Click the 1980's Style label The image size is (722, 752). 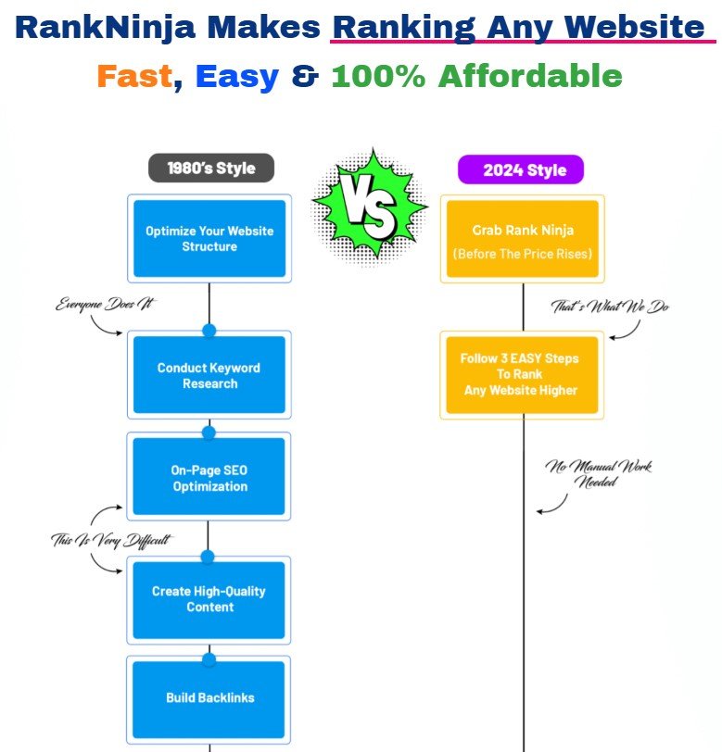210,169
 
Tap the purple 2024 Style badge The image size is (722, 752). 520,170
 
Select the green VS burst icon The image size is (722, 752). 368,205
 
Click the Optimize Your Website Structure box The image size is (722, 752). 209,239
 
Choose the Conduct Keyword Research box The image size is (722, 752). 209,375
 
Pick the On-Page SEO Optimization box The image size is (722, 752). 209,478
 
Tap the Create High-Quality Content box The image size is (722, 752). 209,599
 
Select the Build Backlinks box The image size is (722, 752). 209,697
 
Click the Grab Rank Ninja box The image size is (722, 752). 523,239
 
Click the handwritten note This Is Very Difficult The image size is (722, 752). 110,540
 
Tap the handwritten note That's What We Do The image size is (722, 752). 610,307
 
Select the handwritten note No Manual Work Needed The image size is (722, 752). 598,473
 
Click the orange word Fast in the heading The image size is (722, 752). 135,76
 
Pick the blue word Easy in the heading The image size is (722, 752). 237,76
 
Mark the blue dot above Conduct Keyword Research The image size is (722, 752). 209,330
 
